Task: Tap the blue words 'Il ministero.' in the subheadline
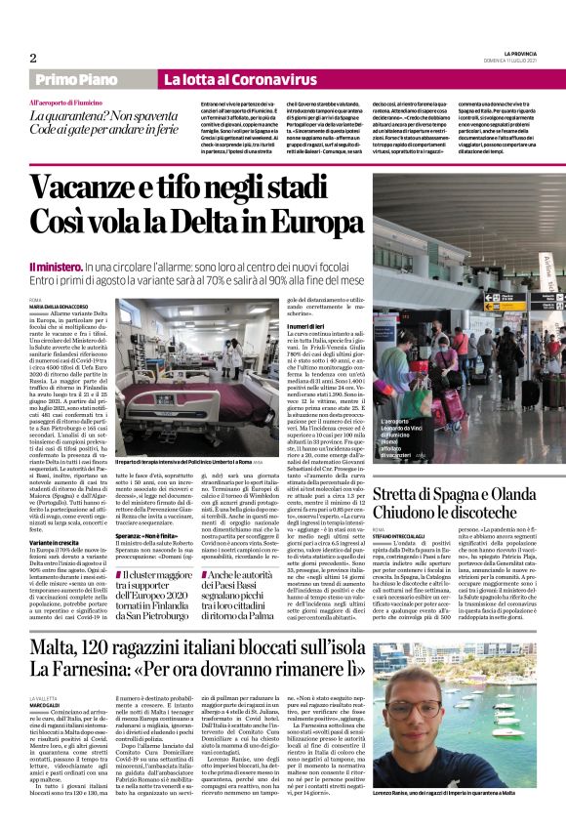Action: point(56,266)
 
